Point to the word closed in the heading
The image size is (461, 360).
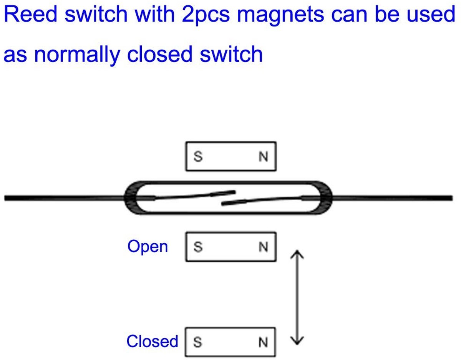159,54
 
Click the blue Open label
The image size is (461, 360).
148,247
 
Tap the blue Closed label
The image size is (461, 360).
153,341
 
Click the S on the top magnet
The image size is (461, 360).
198,157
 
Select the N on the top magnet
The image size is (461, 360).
263,157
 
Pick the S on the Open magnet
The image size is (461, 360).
198,247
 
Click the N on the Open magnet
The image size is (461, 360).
263,247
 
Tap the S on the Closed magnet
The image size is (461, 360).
198,342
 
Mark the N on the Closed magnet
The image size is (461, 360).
263,342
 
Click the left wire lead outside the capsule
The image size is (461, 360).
65,198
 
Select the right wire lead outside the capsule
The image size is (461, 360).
392,198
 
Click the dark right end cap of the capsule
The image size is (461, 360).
326,198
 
